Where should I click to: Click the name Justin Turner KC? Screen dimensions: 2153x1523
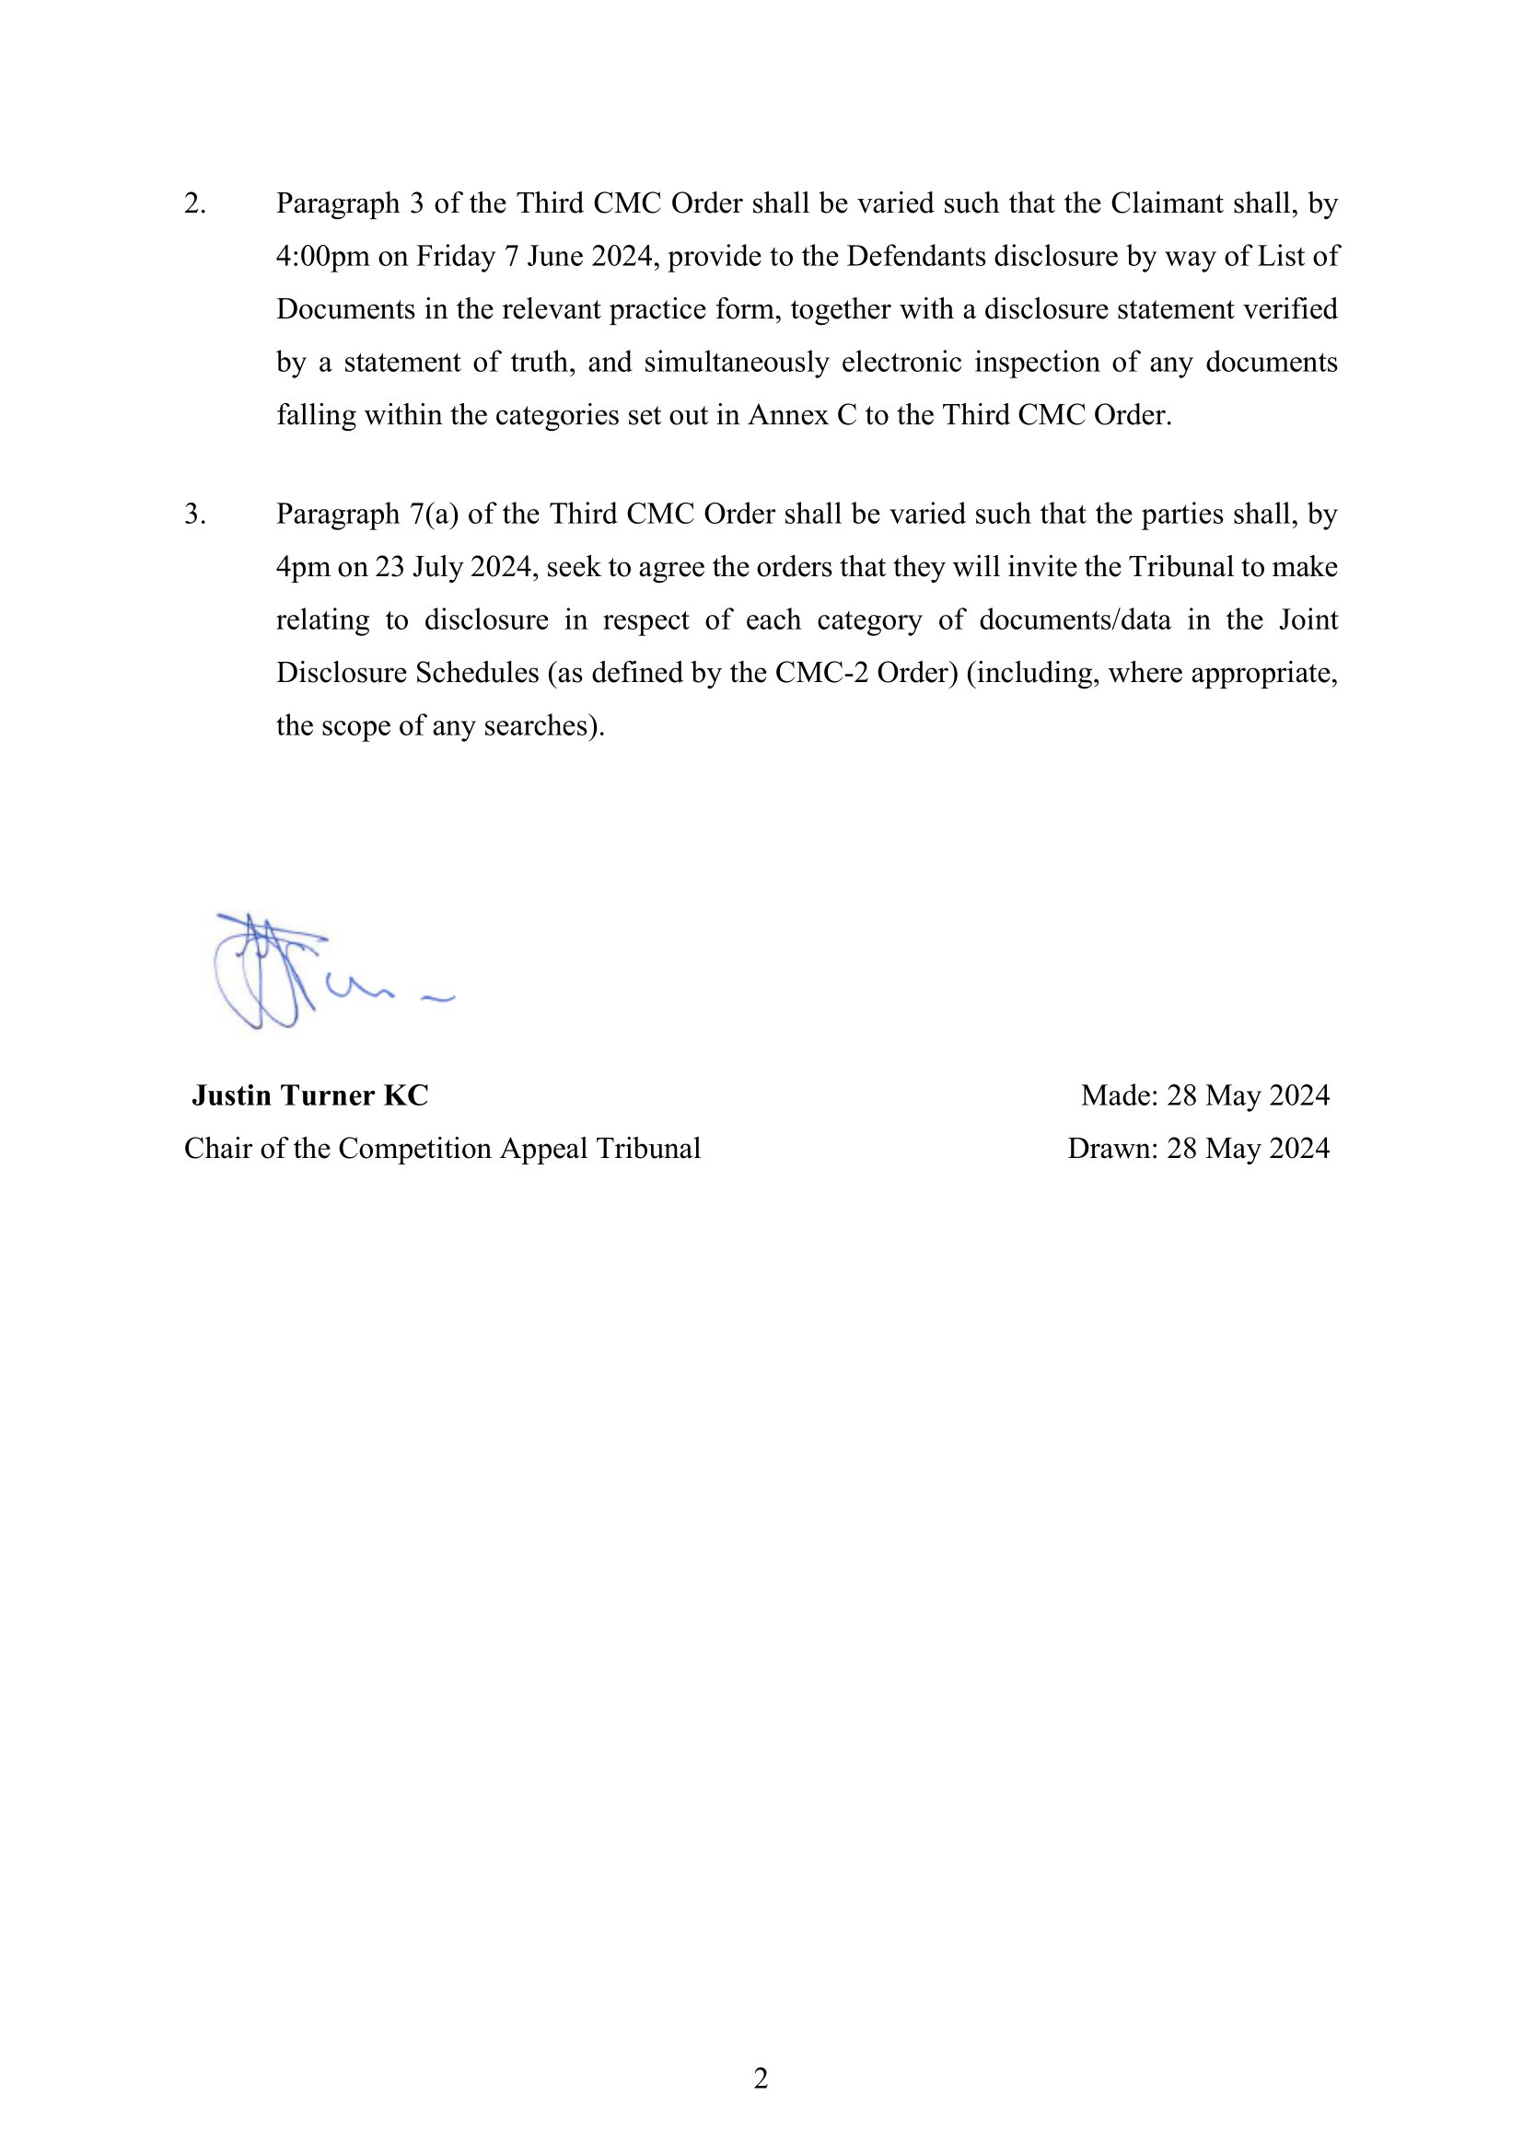[x=309, y=1095]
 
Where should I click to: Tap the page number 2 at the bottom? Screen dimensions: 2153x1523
[x=761, y=2078]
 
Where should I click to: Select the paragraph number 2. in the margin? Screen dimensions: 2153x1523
[x=194, y=203]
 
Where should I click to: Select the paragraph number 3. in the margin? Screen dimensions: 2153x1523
[x=194, y=514]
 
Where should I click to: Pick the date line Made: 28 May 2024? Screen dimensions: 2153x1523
[x=1204, y=1095]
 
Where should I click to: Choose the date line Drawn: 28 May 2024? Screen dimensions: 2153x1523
[x=1198, y=1149]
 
